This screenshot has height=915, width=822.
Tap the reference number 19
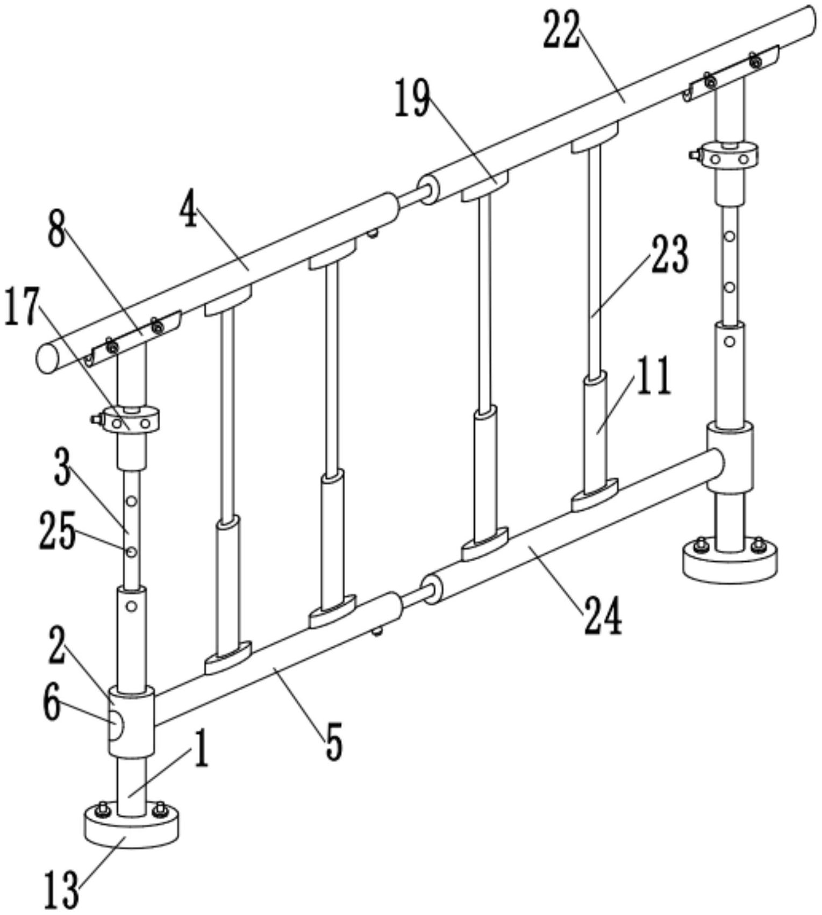[412, 97]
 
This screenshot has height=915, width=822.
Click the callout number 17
[22, 306]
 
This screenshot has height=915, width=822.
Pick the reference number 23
[669, 255]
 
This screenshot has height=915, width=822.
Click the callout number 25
[56, 531]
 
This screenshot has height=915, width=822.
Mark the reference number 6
[52, 704]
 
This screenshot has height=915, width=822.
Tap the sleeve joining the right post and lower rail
[730, 457]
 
